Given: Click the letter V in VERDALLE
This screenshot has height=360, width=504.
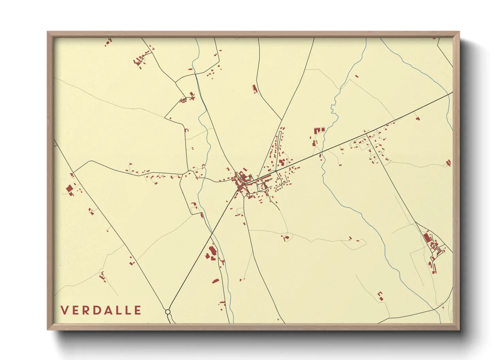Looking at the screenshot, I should (x=64, y=310).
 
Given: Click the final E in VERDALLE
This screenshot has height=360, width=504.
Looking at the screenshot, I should (x=138, y=310).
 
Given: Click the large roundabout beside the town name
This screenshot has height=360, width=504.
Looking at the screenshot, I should (x=168, y=312).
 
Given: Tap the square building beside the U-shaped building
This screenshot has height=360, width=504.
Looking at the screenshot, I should (x=322, y=130).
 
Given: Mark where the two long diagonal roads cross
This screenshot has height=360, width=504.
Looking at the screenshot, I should (x=212, y=233).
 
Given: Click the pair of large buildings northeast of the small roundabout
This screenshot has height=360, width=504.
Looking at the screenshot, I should (x=282, y=163).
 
